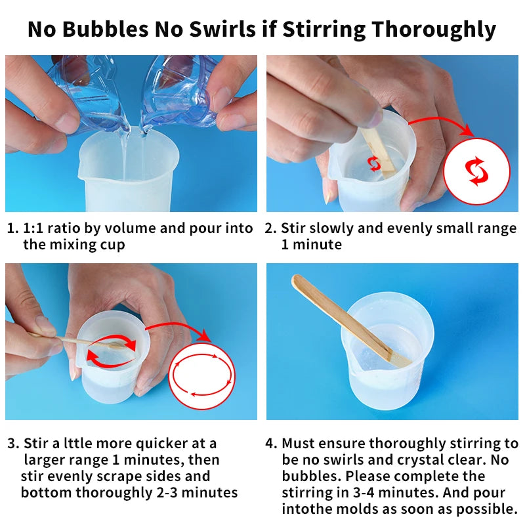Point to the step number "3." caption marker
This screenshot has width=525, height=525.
tap(13, 444)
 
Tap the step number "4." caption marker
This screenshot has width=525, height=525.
tap(271, 444)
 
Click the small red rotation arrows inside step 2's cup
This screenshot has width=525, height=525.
tap(373, 163)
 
